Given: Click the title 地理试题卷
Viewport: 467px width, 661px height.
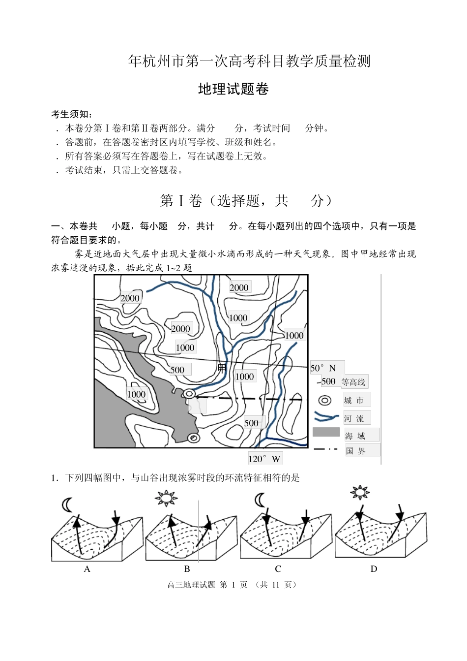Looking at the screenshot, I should coord(233,89).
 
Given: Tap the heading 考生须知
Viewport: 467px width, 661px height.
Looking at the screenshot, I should coord(71,114).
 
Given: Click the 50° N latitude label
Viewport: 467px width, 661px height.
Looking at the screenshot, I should coord(323,368).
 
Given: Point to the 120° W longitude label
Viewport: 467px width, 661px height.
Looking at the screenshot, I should coord(264,459).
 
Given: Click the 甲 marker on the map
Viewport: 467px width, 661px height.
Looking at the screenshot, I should coord(222,368).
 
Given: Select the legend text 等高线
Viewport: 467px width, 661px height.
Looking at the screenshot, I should coord(353,382).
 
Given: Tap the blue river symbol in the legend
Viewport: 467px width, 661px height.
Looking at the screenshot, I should coord(326,417).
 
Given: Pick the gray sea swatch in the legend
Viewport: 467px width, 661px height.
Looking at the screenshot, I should coord(326,432).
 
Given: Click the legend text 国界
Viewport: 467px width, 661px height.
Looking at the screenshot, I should coord(356,451).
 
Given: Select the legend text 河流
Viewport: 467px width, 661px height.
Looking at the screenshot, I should coord(354,418).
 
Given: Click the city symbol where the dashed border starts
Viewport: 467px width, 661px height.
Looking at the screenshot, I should coord(189,394).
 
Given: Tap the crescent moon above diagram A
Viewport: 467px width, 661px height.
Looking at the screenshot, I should coord(67,504).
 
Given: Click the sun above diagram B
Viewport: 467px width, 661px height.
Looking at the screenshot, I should coord(166,498).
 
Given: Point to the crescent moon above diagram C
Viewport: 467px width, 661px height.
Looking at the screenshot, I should coord(260,500).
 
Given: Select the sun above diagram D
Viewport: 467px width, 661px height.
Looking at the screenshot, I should coord(360,492).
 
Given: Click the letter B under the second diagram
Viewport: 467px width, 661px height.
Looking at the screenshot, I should coord(187,569).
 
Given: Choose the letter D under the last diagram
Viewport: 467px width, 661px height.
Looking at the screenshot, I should coord(374,569).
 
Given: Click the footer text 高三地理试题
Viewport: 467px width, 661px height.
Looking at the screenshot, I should coord(191,585).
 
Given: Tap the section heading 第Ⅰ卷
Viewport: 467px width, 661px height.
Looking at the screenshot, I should coord(181,201).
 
